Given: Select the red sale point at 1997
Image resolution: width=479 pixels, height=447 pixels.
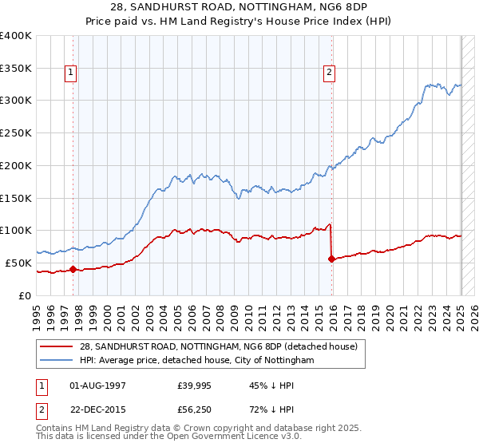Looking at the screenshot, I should coord(73,269).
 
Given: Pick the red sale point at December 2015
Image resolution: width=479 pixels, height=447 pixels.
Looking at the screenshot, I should coord(331,259).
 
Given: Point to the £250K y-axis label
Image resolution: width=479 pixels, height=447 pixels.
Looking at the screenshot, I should coord(16,133).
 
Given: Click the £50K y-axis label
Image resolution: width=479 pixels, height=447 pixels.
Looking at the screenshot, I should coord(19,263).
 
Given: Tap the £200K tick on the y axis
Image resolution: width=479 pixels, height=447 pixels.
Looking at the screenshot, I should coord(16,165).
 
